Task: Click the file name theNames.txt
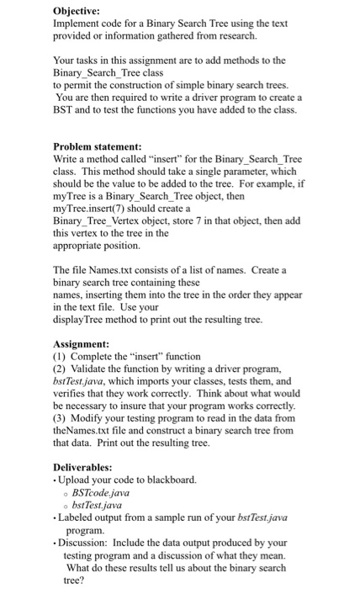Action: point(87,431)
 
